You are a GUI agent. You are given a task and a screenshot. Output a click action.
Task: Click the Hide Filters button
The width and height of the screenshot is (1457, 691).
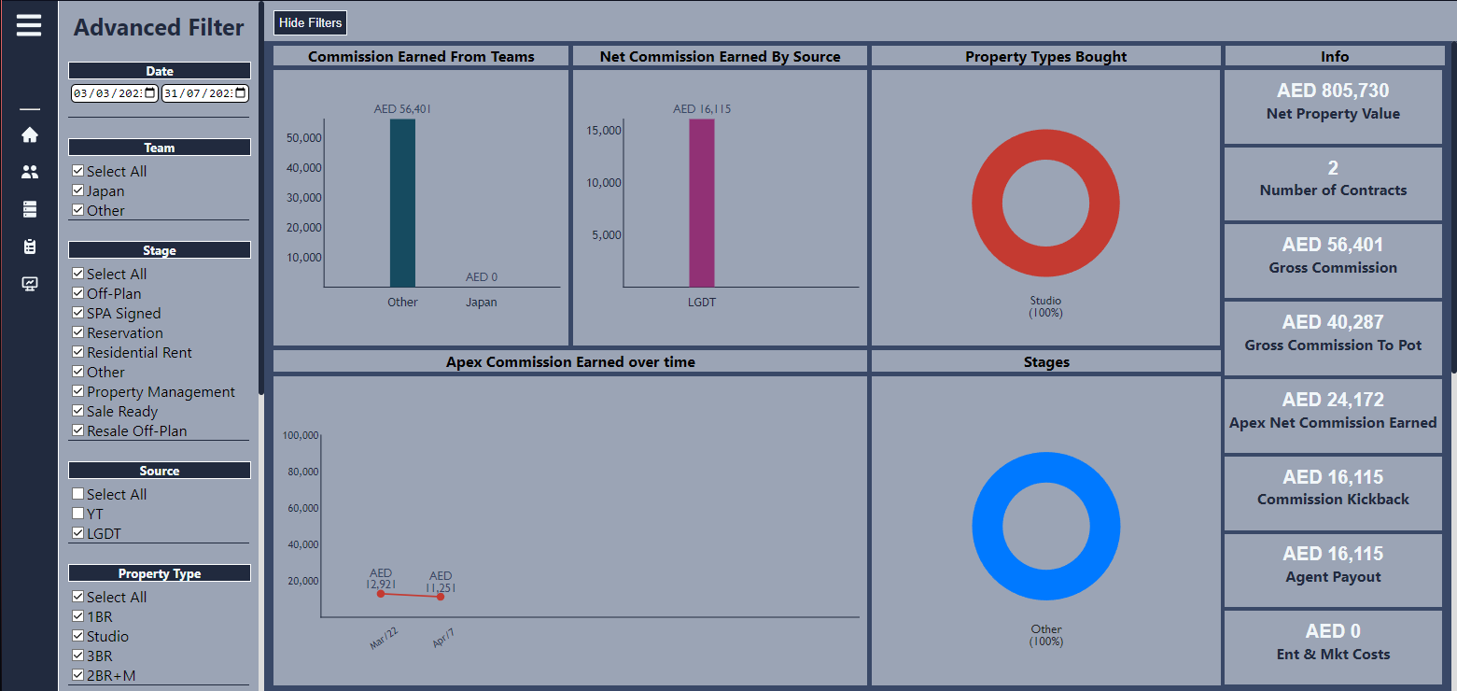[311, 22]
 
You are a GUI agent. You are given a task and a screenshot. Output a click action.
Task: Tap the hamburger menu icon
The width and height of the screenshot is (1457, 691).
[29, 25]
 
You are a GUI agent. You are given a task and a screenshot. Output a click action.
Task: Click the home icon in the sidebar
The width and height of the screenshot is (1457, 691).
[30, 135]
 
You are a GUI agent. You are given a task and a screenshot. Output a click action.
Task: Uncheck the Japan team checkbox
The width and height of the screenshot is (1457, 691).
[78, 190]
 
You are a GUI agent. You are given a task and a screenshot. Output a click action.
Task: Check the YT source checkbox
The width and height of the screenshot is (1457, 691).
[78, 514]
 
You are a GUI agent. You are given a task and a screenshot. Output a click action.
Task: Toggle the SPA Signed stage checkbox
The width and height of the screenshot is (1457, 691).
[78, 313]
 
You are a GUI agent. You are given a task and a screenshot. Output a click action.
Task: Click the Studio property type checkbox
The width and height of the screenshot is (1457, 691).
[78, 636]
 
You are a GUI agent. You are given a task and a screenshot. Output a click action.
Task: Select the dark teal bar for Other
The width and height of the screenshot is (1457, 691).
[402, 203]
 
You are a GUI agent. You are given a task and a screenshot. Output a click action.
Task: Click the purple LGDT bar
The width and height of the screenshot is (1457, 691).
[702, 203]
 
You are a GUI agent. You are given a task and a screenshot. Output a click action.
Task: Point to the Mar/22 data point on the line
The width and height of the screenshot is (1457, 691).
[381, 594]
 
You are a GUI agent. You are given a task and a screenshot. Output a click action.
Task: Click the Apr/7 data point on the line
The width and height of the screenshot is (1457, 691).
[441, 597]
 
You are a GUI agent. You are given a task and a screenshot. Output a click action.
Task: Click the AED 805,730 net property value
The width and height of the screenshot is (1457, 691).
[1333, 91]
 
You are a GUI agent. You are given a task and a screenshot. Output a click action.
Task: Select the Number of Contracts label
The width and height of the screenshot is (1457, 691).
[1333, 190]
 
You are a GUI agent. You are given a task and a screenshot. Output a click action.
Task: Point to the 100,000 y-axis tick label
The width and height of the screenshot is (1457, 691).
[300, 435]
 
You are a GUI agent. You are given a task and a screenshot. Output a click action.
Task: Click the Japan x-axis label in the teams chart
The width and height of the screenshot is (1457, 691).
[482, 303]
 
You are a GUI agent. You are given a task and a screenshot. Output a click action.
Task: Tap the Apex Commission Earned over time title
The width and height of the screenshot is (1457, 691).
[570, 362]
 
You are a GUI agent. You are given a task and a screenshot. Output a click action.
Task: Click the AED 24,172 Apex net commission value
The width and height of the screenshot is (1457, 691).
[1333, 400]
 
